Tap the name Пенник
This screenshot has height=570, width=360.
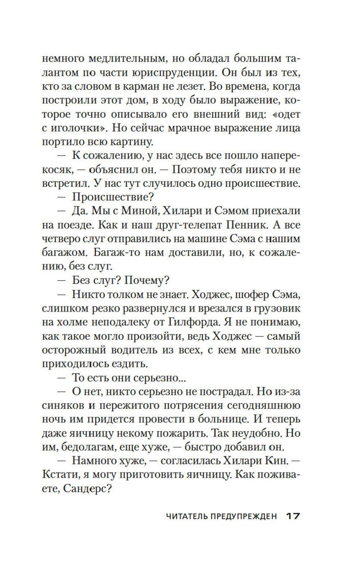coord(240,225)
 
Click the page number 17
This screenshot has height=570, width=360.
coord(293,516)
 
